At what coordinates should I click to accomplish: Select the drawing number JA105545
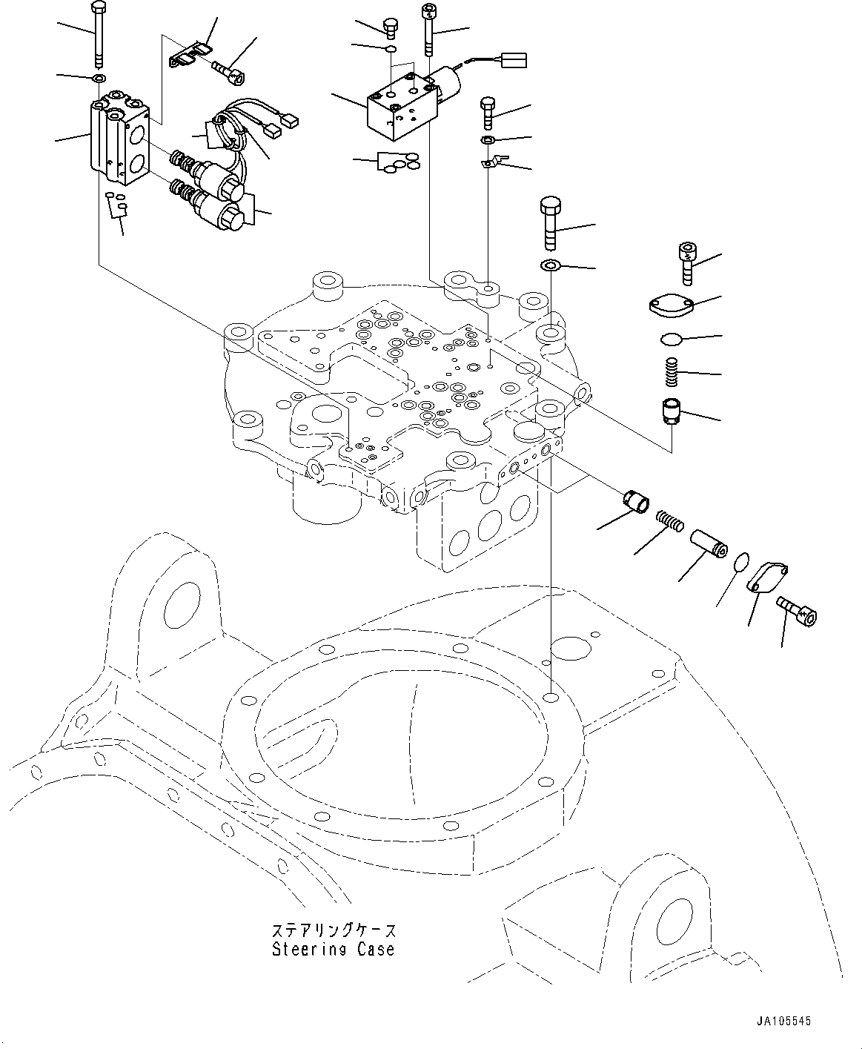(x=783, y=1021)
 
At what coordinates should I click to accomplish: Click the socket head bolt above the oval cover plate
(x=687, y=263)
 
